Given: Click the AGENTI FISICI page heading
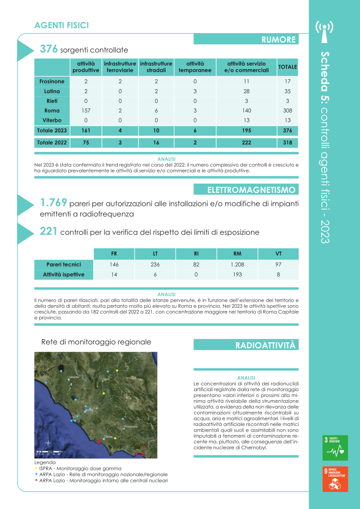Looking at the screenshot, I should point(61,26).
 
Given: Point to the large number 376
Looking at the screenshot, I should point(49,49).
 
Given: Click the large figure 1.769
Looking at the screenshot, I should point(53,202).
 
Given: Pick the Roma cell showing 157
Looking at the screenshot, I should point(86,111).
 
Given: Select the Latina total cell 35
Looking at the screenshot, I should point(287,91).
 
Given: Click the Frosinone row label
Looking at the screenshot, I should point(52,81).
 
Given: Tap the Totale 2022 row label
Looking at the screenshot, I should point(52,142).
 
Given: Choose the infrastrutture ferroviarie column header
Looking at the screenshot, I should point(120,67).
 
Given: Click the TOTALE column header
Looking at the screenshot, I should point(287,67).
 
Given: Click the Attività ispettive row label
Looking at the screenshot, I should point(64,275).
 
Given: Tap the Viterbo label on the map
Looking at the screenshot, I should point(74,377).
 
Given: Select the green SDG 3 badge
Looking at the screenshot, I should point(335,448).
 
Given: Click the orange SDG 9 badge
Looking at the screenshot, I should point(335,479).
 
